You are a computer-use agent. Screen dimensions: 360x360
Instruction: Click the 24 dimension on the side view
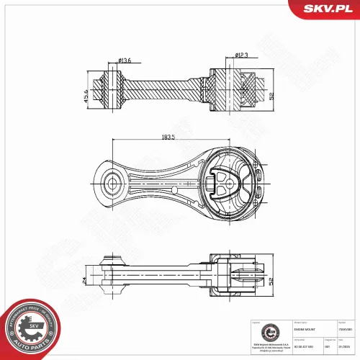pos(84,279)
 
